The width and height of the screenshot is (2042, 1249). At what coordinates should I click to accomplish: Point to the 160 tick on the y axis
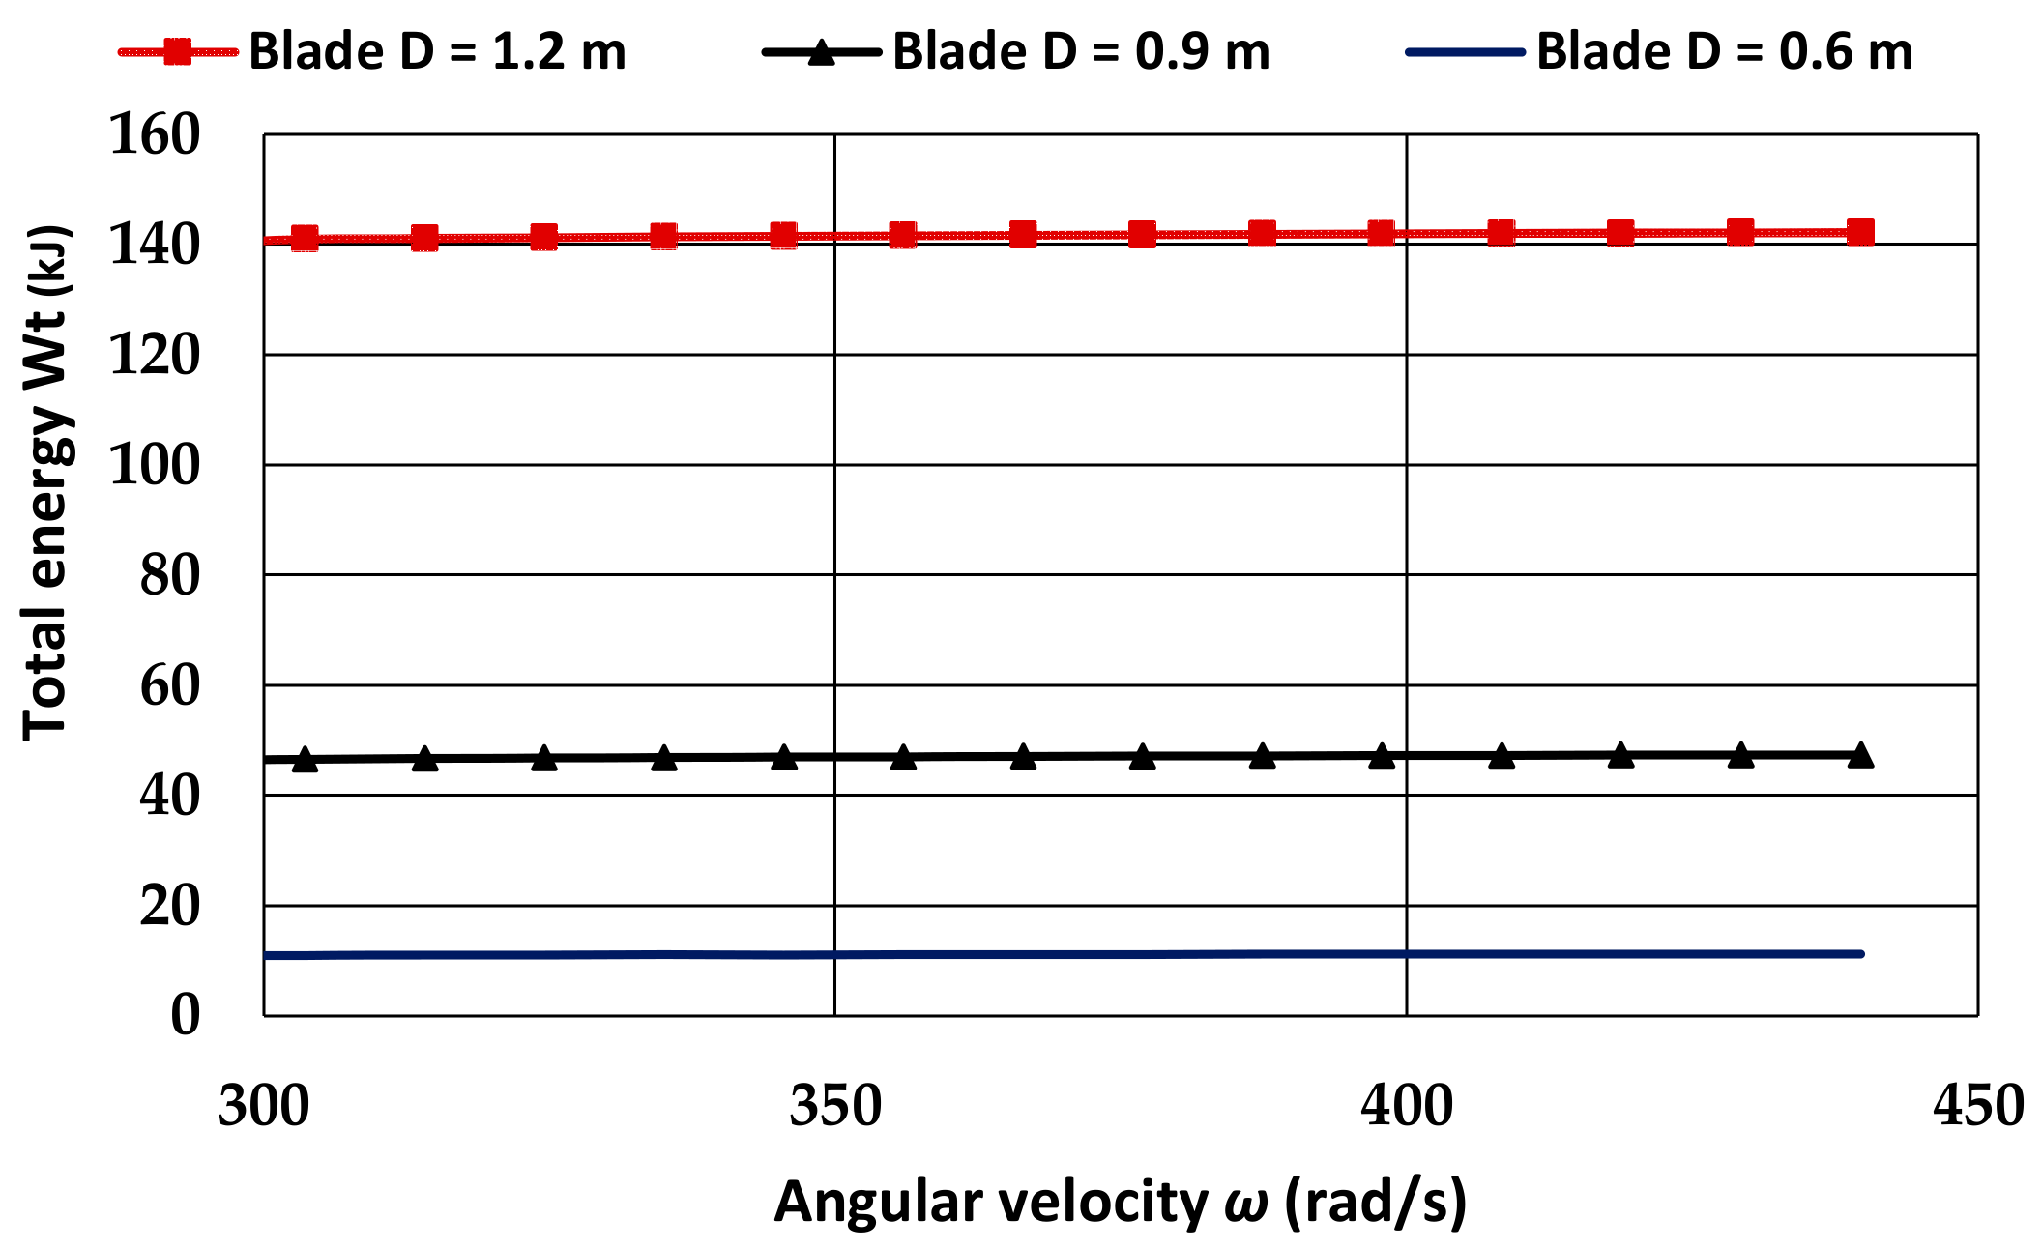[155, 134]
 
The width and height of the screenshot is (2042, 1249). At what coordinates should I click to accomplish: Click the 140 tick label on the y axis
[155, 245]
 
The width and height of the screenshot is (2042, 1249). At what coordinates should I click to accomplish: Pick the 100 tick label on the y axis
[155, 465]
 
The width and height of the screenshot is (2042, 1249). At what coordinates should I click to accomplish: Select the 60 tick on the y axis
[170, 685]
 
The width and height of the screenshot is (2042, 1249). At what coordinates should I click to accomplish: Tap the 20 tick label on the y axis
[170, 906]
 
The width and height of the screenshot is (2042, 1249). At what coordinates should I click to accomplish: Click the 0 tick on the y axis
[186, 1015]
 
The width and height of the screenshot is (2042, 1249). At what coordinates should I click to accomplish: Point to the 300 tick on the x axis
[264, 1105]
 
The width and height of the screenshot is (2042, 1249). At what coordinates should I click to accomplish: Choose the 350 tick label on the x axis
[835, 1105]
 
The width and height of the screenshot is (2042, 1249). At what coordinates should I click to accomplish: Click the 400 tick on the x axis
[1407, 1105]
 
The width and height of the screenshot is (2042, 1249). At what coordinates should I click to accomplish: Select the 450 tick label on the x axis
[1978, 1105]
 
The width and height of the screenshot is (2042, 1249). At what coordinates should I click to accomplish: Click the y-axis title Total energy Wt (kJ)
[46, 483]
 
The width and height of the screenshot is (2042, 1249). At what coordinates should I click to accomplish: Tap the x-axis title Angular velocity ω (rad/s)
[1121, 1202]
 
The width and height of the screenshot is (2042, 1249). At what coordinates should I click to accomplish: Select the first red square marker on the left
[305, 238]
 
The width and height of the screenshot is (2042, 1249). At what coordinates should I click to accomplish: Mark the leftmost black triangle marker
[305, 760]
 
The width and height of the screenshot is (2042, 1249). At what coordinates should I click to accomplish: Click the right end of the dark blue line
[1860, 954]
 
